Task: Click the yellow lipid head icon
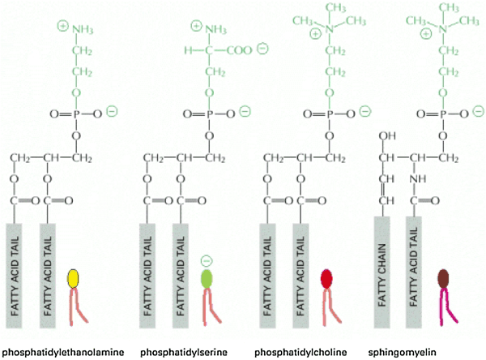pyautogui.click(x=74, y=278)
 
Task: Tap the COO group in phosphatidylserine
pyautogui.click(x=240, y=50)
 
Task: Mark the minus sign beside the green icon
pyautogui.click(x=206, y=261)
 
